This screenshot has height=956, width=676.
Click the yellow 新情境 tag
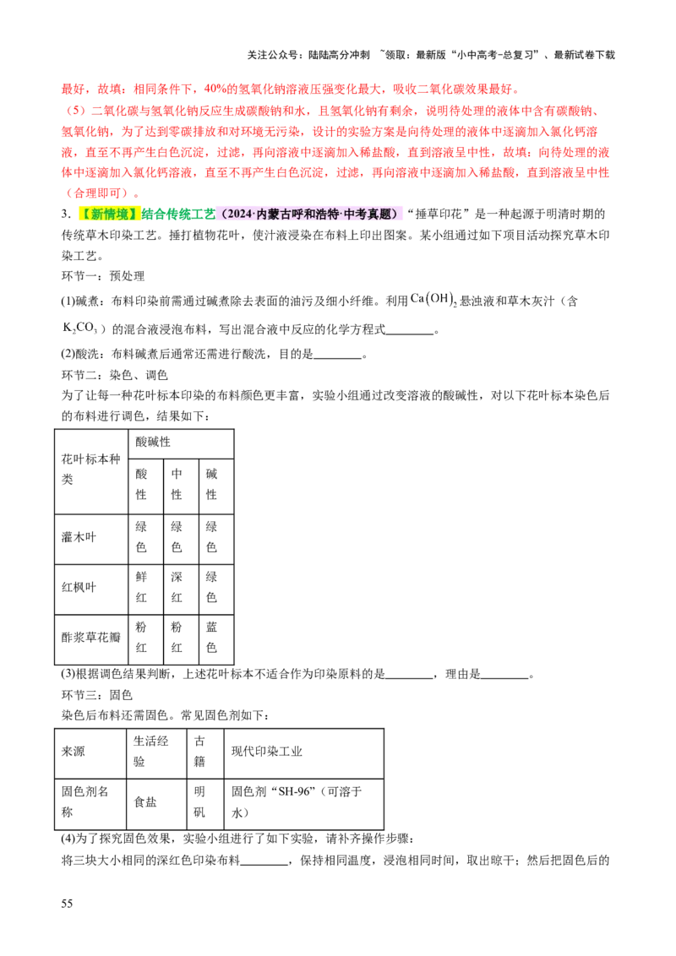[108, 214]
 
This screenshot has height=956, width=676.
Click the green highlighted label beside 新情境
[178, 214]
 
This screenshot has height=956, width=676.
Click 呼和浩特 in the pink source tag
[323, 214]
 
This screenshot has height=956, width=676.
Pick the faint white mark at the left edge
[80, 328]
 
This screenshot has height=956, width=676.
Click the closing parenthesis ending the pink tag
[399, 214]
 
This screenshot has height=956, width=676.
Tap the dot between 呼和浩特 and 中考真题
[349, 214]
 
